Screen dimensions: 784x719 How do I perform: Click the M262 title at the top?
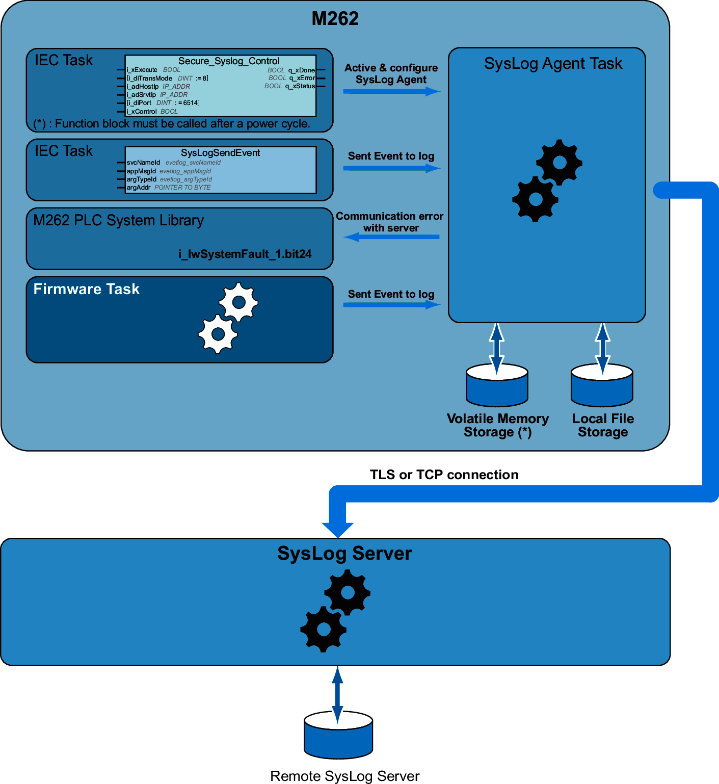335,19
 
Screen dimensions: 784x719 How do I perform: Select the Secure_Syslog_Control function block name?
229,61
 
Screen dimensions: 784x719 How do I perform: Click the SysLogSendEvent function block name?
220,153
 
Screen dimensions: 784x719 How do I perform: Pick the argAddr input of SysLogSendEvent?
139,188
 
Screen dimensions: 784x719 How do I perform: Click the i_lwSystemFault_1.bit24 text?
245,254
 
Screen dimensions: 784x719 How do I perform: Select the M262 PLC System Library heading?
118,220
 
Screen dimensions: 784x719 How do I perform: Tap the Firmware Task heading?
86,289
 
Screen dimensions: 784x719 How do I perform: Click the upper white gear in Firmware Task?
238,302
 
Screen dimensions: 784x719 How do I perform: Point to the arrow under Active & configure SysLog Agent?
391,92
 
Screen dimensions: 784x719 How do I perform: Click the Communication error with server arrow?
391,237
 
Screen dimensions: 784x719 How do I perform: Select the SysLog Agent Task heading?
553,64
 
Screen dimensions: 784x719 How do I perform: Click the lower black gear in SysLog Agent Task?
535,199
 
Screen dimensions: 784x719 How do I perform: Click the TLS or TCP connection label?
444,475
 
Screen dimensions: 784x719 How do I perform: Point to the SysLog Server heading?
344,554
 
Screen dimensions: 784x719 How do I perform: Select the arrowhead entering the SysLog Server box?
338,529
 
